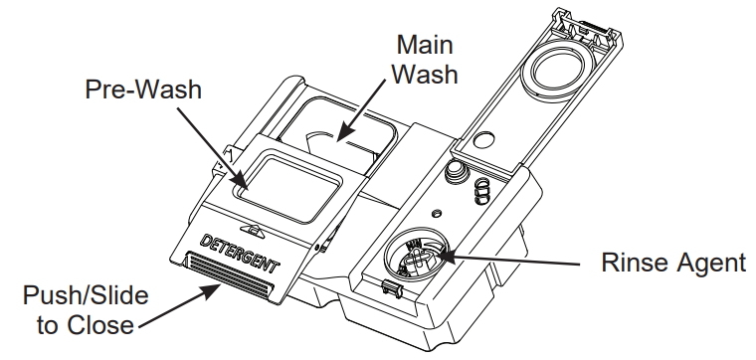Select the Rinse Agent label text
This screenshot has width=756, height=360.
pyautogui.click(x=673, y=263)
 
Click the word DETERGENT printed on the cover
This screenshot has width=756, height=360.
pyautogui.click(x=241, y=253)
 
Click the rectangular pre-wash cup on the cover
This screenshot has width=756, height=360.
pyautogui.click(x=288, y=184)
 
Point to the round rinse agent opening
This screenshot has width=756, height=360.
pyautogui.click(x=416, y=257)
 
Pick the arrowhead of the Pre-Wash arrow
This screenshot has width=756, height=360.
pyautogui.click(x=247, y=186)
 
